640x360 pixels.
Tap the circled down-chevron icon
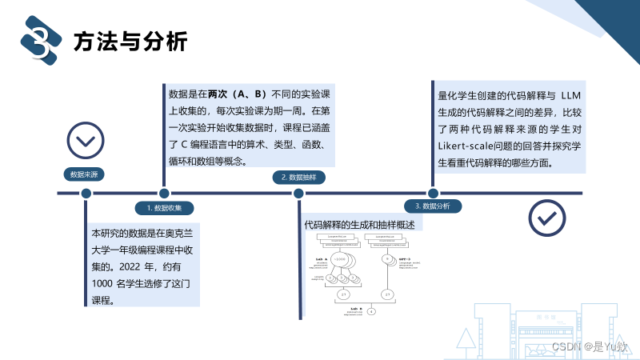[85, 142]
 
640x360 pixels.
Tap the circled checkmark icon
[546, 218]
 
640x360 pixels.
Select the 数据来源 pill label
[86, 174]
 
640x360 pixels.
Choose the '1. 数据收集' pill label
[164, 207]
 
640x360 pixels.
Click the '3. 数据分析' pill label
[432, 206]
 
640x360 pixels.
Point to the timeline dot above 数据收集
[164, 193]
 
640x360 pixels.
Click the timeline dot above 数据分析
[433, 193]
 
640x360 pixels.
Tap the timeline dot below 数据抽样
[298, 193]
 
